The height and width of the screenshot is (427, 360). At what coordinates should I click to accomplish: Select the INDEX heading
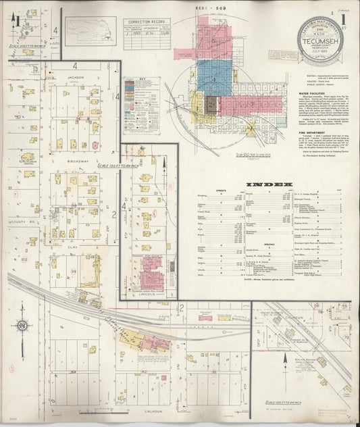tap(269, 184)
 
